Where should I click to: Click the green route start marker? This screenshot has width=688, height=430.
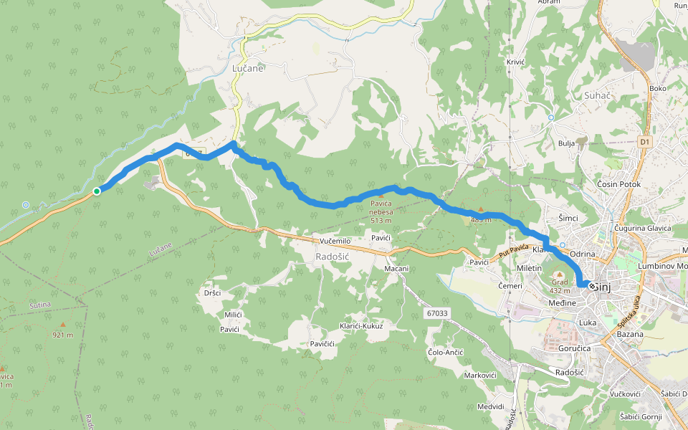pos(96,191)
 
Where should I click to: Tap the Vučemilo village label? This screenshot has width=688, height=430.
pos(335,242)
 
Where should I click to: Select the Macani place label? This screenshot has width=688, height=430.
pos(396,269)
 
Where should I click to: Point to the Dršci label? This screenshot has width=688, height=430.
pos(212,293)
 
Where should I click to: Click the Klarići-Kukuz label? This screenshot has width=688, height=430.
pos(361,326)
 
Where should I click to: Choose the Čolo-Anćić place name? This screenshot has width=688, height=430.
pos(446,353)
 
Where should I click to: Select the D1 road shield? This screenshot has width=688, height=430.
pos(645,143)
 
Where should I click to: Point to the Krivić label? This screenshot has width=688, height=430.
pos(516,62)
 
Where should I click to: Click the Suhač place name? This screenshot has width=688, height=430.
pos(576,95)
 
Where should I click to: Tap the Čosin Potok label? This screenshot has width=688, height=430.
pos(618,184)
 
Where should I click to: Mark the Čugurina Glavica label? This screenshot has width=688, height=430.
pos(642,228)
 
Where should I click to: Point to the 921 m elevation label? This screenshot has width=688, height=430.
pos(64,335)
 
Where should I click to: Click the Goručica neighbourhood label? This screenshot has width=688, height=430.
pos(575,348)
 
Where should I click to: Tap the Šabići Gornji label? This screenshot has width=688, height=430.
pos(641,416)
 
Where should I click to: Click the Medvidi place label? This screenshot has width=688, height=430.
pos(490,406)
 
